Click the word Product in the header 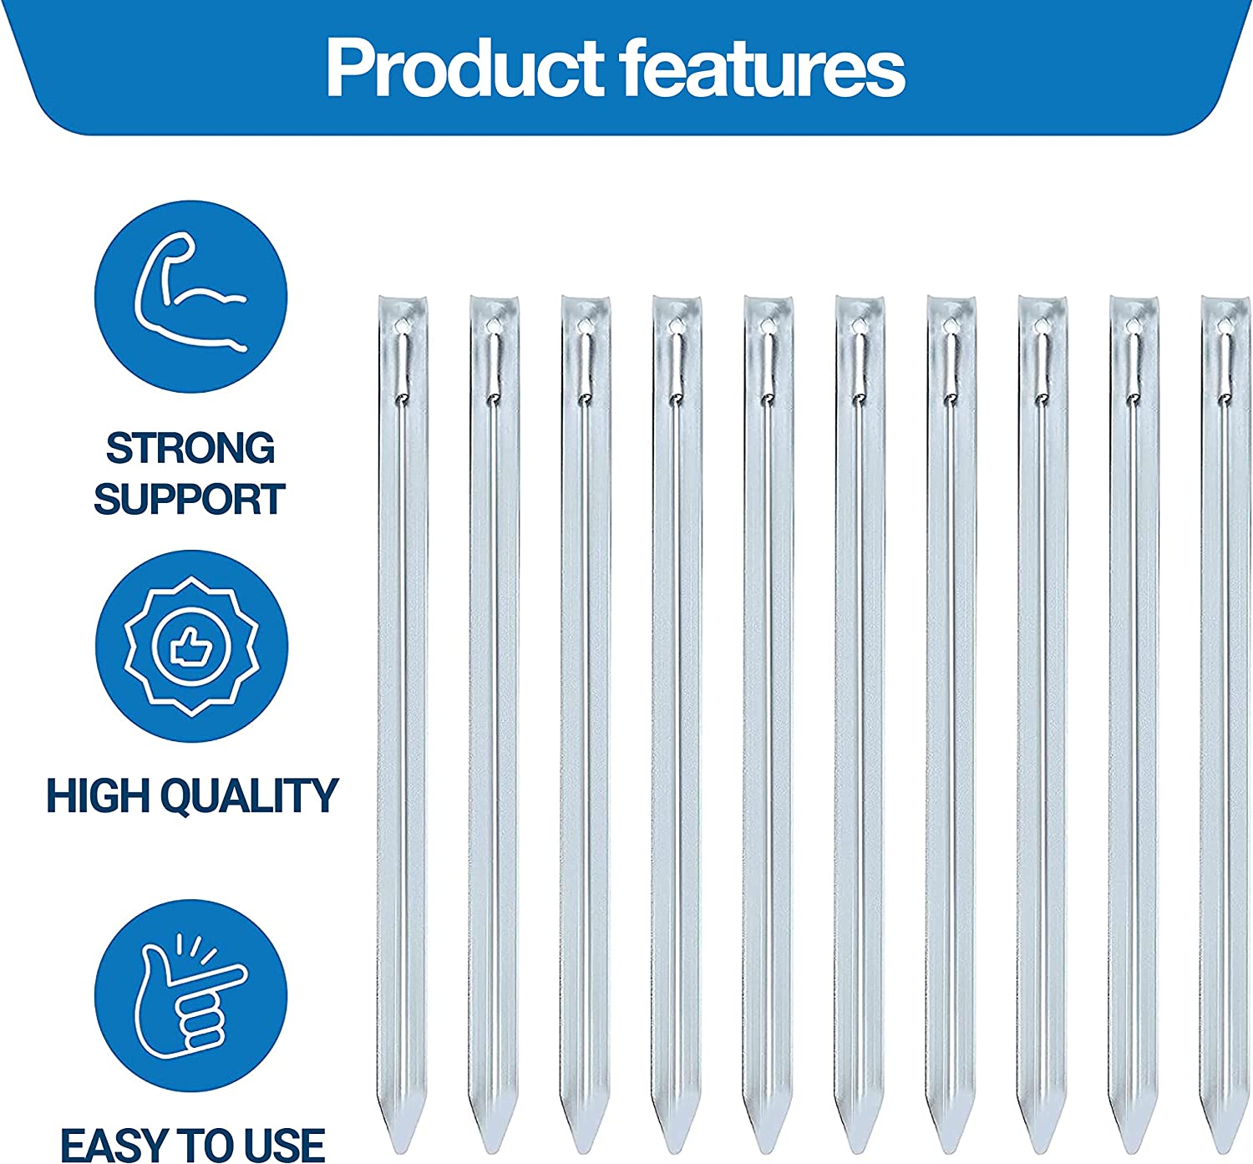coord(464,68)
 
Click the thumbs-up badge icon coord(191,647)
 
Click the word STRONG coord(190,449)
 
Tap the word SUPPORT coord(190,500)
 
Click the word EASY coord(114,1145)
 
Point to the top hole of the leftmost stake coord(403,325)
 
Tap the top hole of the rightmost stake coord(1225,325)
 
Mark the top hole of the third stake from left coord(586,325)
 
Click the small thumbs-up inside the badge coord(191,648)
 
